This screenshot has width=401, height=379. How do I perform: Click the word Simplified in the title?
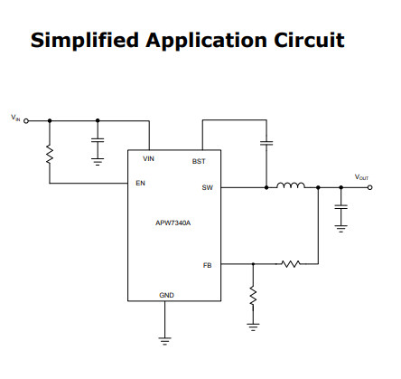tap(85, 41)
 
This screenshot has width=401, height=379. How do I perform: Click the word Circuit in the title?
tap(309, 40)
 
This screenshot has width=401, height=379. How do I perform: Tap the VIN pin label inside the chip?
tap(148, 158)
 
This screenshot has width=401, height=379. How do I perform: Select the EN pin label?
tap(140, 183)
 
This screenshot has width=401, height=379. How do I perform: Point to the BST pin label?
tap(199, 161)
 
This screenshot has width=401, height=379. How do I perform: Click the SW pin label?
tap(208, 187)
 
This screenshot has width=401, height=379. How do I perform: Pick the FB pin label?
tap(208, 265)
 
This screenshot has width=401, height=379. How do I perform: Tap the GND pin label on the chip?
tap(166, 295)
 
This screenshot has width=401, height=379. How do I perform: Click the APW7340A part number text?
tap(173, 223)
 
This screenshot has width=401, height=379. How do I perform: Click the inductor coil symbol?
tap(291, 185)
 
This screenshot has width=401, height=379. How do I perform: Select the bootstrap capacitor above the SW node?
tap(266, 143)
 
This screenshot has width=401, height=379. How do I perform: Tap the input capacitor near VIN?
tap(98, 140)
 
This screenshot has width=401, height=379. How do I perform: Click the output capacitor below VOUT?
tap(340, 207)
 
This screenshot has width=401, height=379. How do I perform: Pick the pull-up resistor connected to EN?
tap(50, 155)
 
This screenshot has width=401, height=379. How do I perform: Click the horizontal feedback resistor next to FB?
tap(291, 264)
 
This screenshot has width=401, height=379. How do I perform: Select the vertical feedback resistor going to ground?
tap(253, 296)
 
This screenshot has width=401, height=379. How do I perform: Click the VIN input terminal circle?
tap(26, 121)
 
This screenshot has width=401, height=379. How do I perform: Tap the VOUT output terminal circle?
tap(370, 187)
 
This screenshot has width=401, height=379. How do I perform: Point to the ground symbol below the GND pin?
tap(164, 341)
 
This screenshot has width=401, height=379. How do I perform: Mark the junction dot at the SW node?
tap(266, 187)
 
